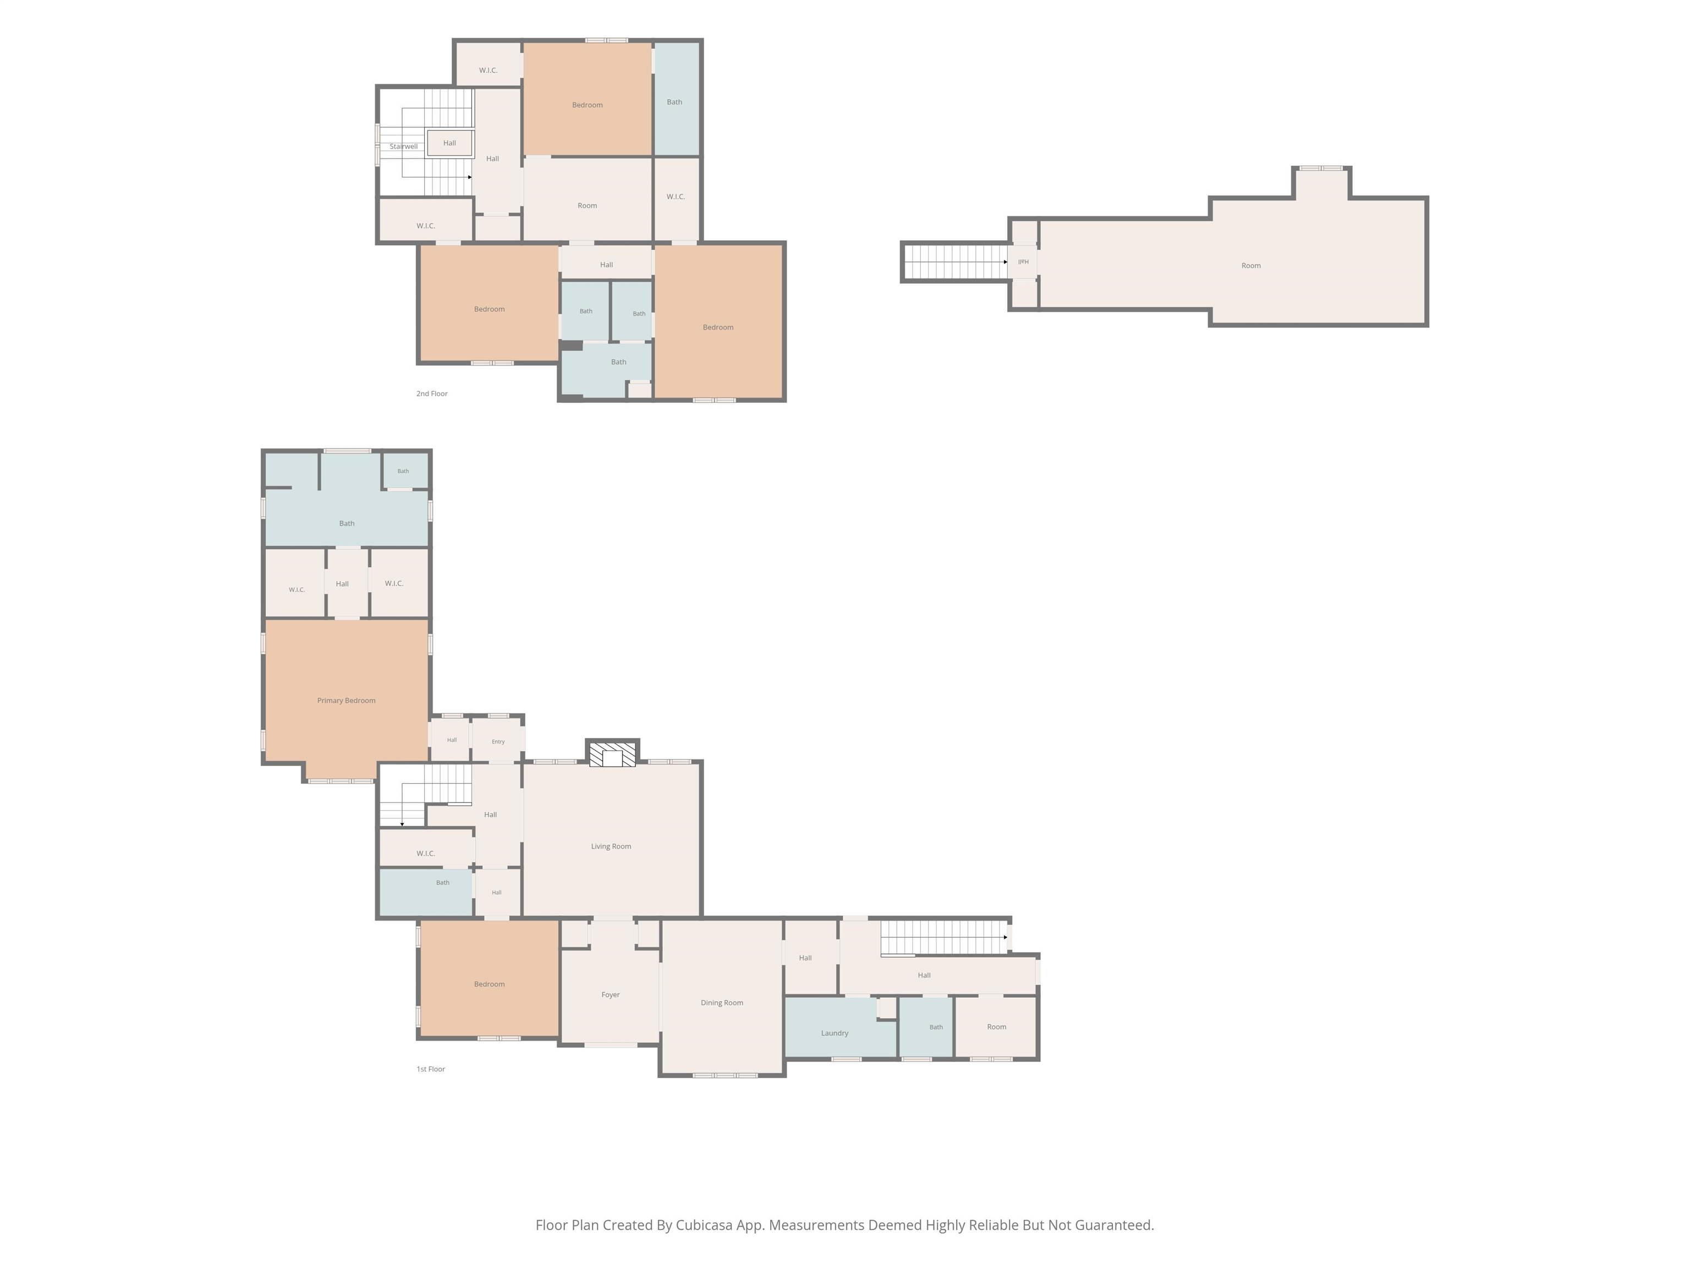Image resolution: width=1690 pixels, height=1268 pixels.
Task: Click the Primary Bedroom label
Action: tap(346, 700)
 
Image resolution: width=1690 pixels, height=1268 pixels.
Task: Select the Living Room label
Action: tap(611, 846)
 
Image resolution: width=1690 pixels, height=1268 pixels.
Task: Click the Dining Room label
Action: tap(722, 1003)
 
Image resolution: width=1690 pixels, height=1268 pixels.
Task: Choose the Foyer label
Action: tap(611, 995)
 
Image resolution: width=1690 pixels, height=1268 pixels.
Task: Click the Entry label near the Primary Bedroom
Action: tap(498, 741)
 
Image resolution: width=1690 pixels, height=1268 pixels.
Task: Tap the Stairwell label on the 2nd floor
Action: tap(403, 146)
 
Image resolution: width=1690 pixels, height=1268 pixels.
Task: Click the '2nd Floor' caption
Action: tap(432, 393)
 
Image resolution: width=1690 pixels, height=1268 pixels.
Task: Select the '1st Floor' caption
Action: tap(431, 1069)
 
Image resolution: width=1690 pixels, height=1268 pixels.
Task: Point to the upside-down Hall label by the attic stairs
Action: tap(1024, 261)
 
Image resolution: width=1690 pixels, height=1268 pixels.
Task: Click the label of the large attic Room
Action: tap(1250, 266)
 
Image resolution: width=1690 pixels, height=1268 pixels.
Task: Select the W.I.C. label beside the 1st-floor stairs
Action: tap(426, 854)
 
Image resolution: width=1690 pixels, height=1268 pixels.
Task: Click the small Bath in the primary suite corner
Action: tap(403, 471)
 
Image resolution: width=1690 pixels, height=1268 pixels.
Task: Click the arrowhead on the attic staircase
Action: tap(1006, 262)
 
